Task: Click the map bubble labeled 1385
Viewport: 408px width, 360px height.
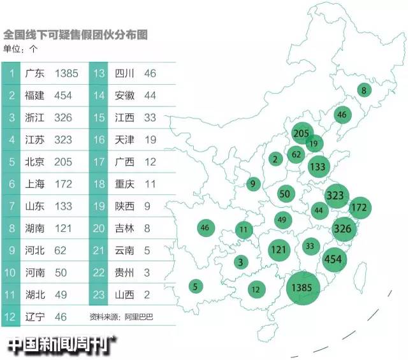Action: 302,287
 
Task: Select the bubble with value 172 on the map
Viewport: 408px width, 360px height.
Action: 360,207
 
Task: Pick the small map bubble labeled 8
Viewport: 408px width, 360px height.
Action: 364,90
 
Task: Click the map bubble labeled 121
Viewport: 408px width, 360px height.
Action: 278,249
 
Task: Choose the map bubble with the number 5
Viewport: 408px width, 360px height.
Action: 195,286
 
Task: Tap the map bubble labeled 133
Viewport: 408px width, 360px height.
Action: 317,167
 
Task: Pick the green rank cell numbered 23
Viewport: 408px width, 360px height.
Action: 100,294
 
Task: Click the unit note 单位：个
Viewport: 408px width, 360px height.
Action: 22,48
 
